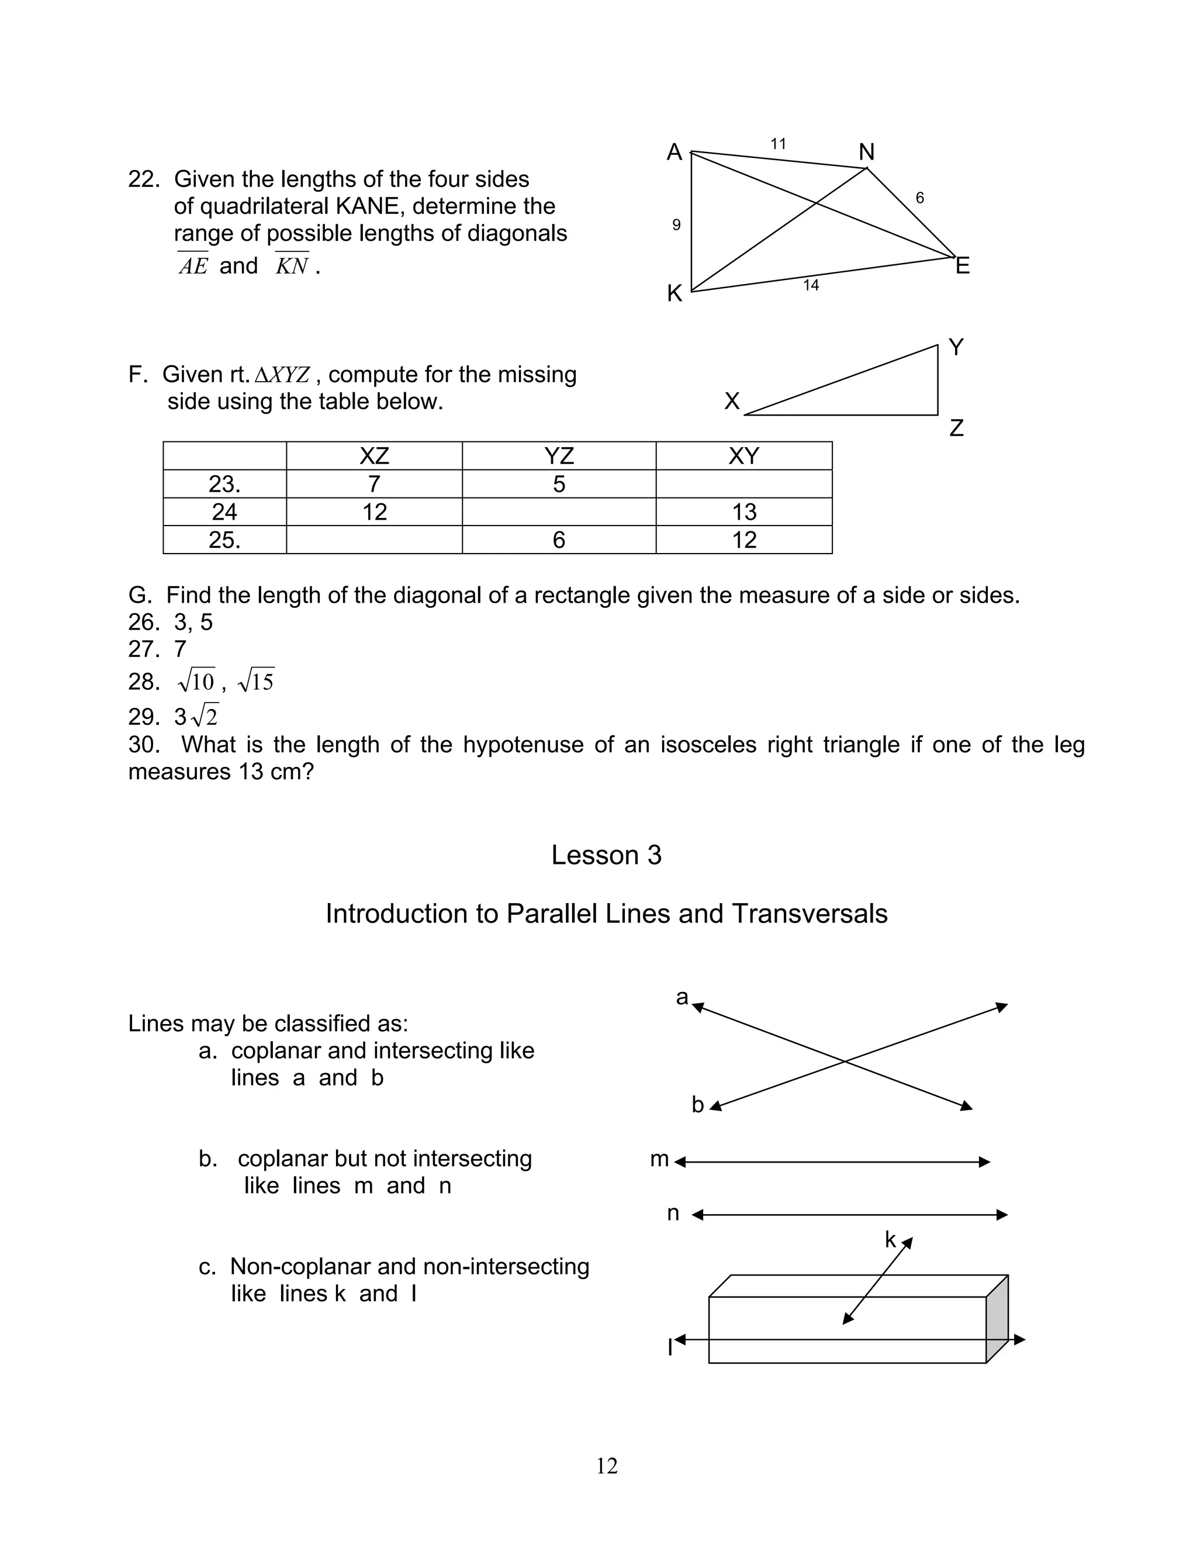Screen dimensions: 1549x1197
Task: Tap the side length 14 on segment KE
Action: tap(811, 285)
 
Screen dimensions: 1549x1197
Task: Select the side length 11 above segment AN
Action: tap(778, 144)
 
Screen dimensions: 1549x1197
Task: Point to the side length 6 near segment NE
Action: tap(920, 198)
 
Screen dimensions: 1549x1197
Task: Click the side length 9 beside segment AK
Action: tap(676, 225)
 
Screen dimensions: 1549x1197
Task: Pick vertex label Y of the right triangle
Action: tap(955, 347)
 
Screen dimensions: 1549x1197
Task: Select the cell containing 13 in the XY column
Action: tap(744, 512)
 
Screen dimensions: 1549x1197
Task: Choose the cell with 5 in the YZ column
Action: tap(559, 485)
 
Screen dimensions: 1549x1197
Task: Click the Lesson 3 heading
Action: tap(606, 855)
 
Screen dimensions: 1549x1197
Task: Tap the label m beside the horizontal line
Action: tap(659, 1159)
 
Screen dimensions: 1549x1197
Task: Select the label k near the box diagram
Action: tap(890, 1240)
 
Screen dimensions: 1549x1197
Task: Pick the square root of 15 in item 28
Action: tap(256, 682)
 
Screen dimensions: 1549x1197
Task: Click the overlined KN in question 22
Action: tap(292, 266)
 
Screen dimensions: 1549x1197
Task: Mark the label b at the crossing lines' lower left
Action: tap(697, 1105)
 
